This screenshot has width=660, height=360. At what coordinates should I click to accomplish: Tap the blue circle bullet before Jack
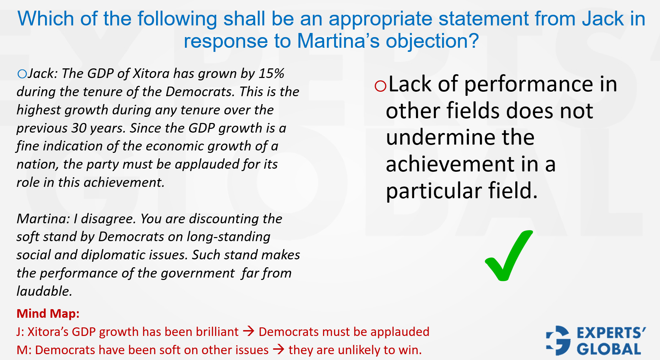22,74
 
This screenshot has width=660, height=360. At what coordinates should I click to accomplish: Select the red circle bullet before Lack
381,86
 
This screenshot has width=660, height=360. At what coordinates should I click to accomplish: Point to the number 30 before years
79,128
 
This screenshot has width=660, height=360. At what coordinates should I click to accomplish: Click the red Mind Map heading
48,313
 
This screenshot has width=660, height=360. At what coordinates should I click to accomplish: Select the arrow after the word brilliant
249,331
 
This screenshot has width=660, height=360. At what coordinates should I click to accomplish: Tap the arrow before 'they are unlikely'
279,350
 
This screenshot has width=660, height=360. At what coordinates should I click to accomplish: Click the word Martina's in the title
338,41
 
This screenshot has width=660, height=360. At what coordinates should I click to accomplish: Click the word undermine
460,137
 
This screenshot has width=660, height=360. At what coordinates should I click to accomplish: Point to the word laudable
44,291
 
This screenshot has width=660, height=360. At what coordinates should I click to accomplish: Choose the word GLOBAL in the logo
609,349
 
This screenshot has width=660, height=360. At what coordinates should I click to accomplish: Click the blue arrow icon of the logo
558,340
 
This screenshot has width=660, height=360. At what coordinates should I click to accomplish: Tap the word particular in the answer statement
434,191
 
